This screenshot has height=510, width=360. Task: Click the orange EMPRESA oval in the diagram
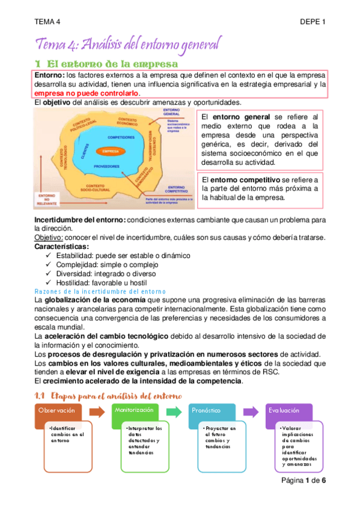coord(109,151)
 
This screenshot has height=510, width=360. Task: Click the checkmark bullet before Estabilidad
coord(49,256)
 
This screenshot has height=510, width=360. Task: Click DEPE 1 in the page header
coord(313,22)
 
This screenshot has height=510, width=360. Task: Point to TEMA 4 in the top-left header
coord(47,22)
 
